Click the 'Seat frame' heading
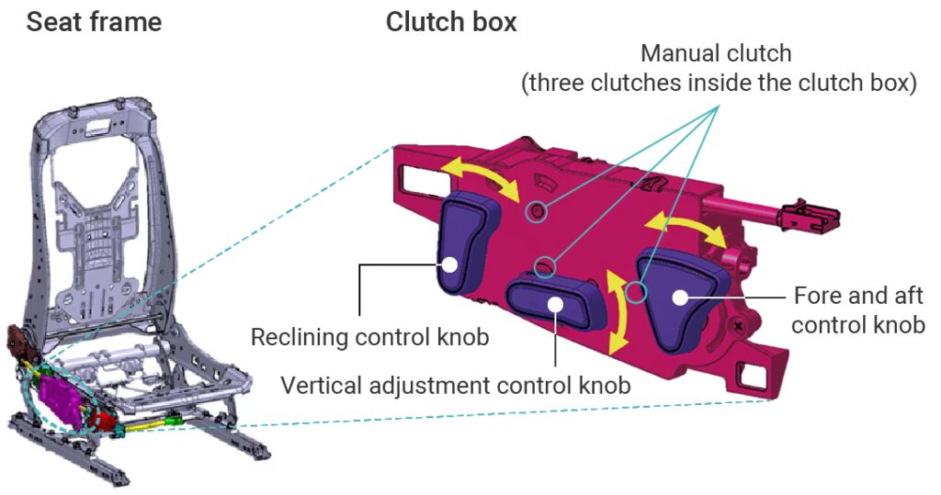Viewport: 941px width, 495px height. point(94,21)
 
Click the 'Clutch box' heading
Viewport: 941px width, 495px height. point(451,21)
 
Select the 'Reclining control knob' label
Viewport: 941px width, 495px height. point(369,337)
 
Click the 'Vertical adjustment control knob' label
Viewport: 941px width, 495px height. point(456,385)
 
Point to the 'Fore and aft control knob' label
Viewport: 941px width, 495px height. point(857,310)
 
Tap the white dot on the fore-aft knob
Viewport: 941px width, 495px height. point(680,296)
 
